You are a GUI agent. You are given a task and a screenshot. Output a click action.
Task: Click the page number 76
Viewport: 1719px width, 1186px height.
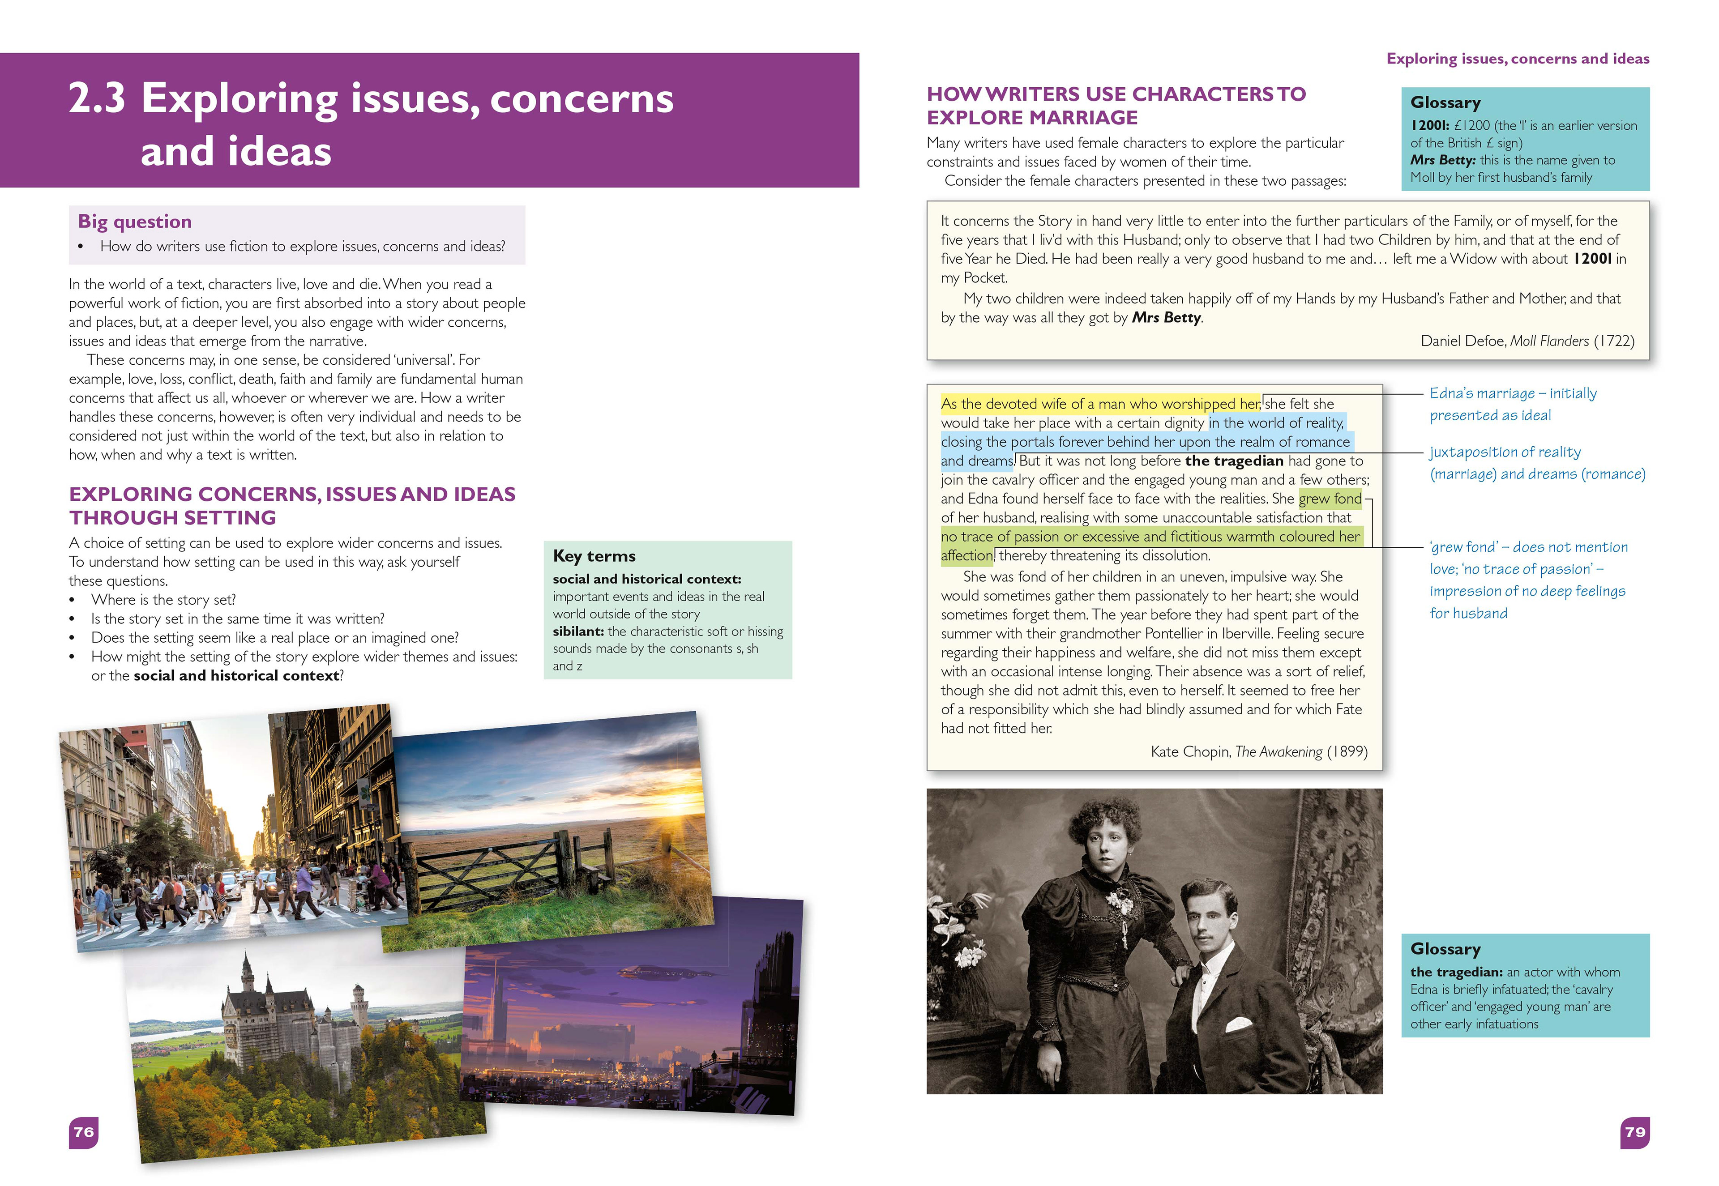[x=83, y=1132]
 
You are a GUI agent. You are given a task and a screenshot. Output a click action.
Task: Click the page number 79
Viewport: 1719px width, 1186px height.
[x=1634, y=1132]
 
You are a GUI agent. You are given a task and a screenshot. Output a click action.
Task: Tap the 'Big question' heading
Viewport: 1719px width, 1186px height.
[x=134, y=222]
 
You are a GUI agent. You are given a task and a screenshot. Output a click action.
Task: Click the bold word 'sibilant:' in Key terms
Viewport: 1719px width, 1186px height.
[x=577, y=631]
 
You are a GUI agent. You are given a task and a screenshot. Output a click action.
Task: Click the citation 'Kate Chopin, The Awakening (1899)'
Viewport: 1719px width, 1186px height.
[x=1258, y=751]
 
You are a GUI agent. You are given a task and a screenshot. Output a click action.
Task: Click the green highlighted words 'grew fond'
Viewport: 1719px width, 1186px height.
[x=1330, y=499]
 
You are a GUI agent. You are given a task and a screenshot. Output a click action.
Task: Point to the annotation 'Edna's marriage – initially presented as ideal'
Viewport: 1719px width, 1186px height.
[x=1512, y=404]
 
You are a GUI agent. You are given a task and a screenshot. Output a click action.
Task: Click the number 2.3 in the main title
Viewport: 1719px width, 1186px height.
[x=97, y=99]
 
